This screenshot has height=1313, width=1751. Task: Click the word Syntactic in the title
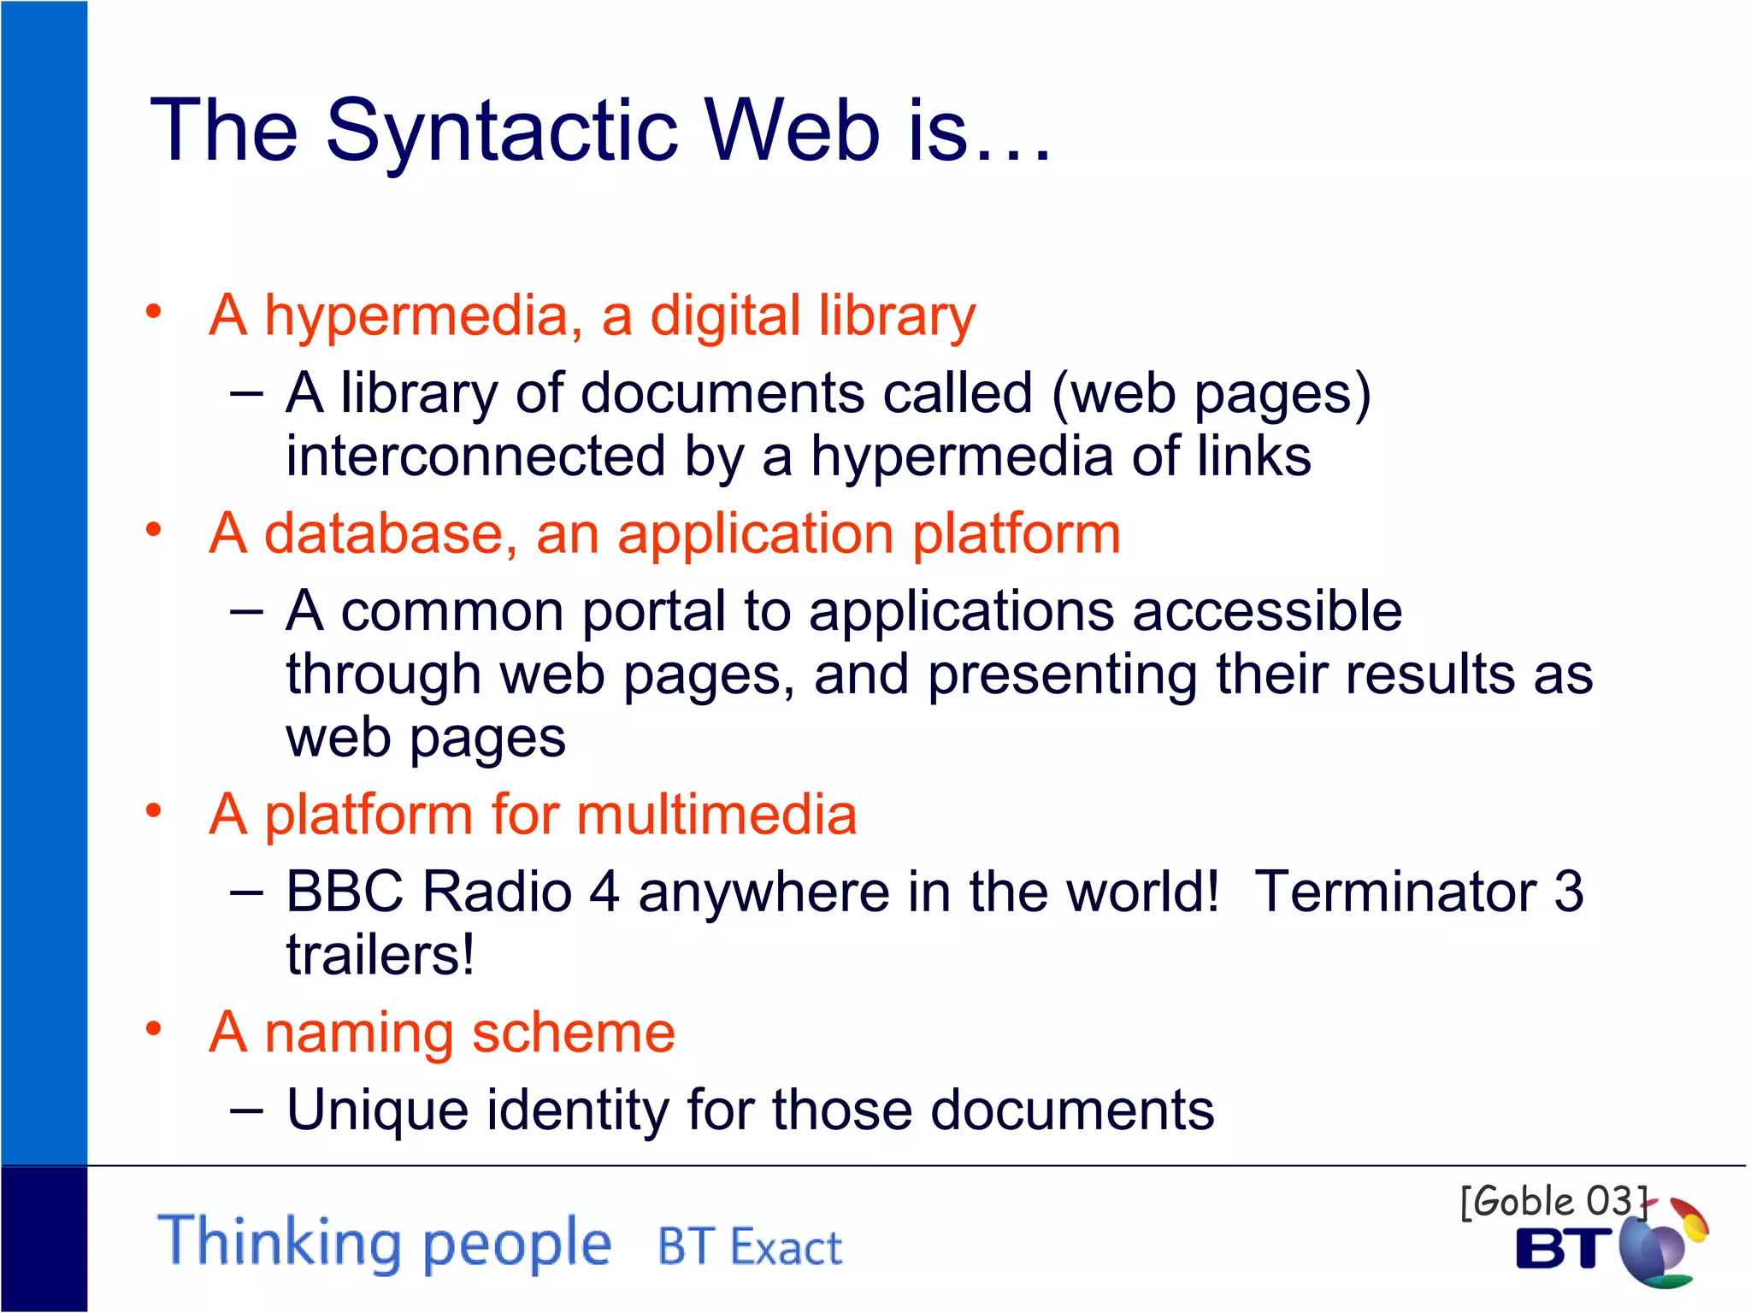click(502, 131)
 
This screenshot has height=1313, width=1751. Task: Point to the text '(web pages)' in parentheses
click(1212, 394)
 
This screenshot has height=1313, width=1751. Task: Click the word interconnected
click(475, 456)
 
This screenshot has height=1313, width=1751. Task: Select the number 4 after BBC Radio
click(604, 892)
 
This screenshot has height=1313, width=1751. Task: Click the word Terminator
click(1394, 892)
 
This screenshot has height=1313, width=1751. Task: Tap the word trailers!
click(380, 955)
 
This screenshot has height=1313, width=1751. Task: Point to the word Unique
click(377, 1110)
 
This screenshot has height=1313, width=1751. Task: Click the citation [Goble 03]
click(1553, 1201)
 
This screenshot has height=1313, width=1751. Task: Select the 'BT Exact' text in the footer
click(749, 1247)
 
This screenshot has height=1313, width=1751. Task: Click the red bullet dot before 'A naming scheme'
click(154, 1028)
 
